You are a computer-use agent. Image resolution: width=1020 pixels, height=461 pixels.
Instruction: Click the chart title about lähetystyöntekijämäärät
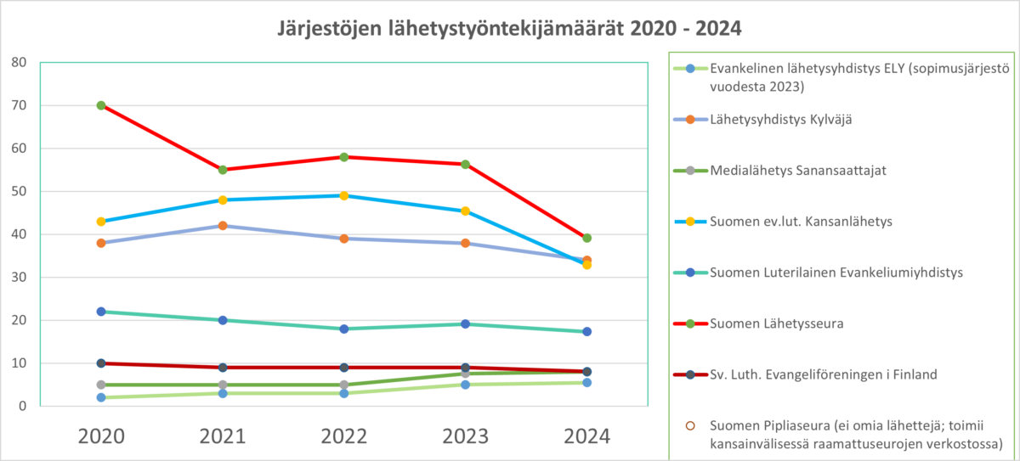pos(510,29)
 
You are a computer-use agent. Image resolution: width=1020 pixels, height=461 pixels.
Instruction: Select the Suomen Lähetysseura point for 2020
pos(101,105)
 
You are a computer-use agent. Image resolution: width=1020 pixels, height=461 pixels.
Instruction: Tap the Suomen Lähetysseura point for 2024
pos(586,238)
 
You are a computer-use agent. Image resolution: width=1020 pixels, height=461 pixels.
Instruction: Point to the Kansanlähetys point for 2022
pos(344,195)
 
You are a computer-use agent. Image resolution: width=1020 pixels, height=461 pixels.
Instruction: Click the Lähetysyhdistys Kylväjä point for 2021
pos(223,226)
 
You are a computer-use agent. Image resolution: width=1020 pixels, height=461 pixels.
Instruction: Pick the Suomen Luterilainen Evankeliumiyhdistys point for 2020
pos(101,312)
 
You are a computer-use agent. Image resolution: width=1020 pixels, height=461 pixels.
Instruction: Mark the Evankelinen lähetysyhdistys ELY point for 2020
pos(101,397)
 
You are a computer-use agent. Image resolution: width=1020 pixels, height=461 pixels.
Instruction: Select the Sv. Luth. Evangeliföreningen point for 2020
pos(101,363)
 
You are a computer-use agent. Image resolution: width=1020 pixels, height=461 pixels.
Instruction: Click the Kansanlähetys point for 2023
pos(466,211)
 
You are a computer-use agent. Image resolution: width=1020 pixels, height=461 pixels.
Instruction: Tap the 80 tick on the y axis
pos(19,63)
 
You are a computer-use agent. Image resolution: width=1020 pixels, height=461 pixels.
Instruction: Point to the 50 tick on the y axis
pos(19,192)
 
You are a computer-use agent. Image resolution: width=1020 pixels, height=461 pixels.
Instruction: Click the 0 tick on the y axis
pos(23,407)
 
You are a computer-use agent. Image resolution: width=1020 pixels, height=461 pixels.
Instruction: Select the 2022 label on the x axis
pos(344,436)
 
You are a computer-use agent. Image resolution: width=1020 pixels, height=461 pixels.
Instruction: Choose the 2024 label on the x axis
pos(586,436)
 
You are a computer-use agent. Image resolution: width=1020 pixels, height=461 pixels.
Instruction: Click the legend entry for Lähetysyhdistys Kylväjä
pos(781,120)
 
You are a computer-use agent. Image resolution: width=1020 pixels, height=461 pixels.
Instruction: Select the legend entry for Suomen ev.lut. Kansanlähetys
pos(807,222)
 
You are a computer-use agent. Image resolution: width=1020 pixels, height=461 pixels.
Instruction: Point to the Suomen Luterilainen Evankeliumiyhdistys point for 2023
pos(466,323)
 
